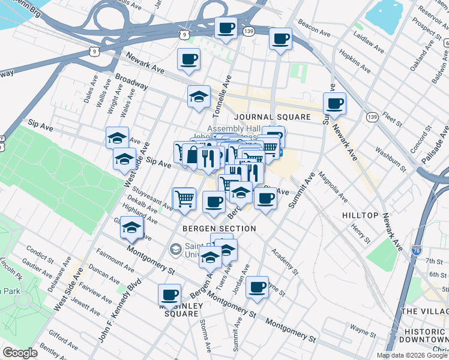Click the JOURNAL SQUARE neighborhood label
264,117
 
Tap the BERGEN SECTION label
220,229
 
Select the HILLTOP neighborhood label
360,215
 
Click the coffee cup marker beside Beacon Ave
280,40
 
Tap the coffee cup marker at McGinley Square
169,295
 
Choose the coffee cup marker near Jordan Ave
258,287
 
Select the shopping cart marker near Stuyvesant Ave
184,199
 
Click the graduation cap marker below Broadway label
198,97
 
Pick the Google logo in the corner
20,353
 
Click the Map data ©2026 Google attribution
411,355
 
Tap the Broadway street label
131,81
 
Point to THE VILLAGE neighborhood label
424,311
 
